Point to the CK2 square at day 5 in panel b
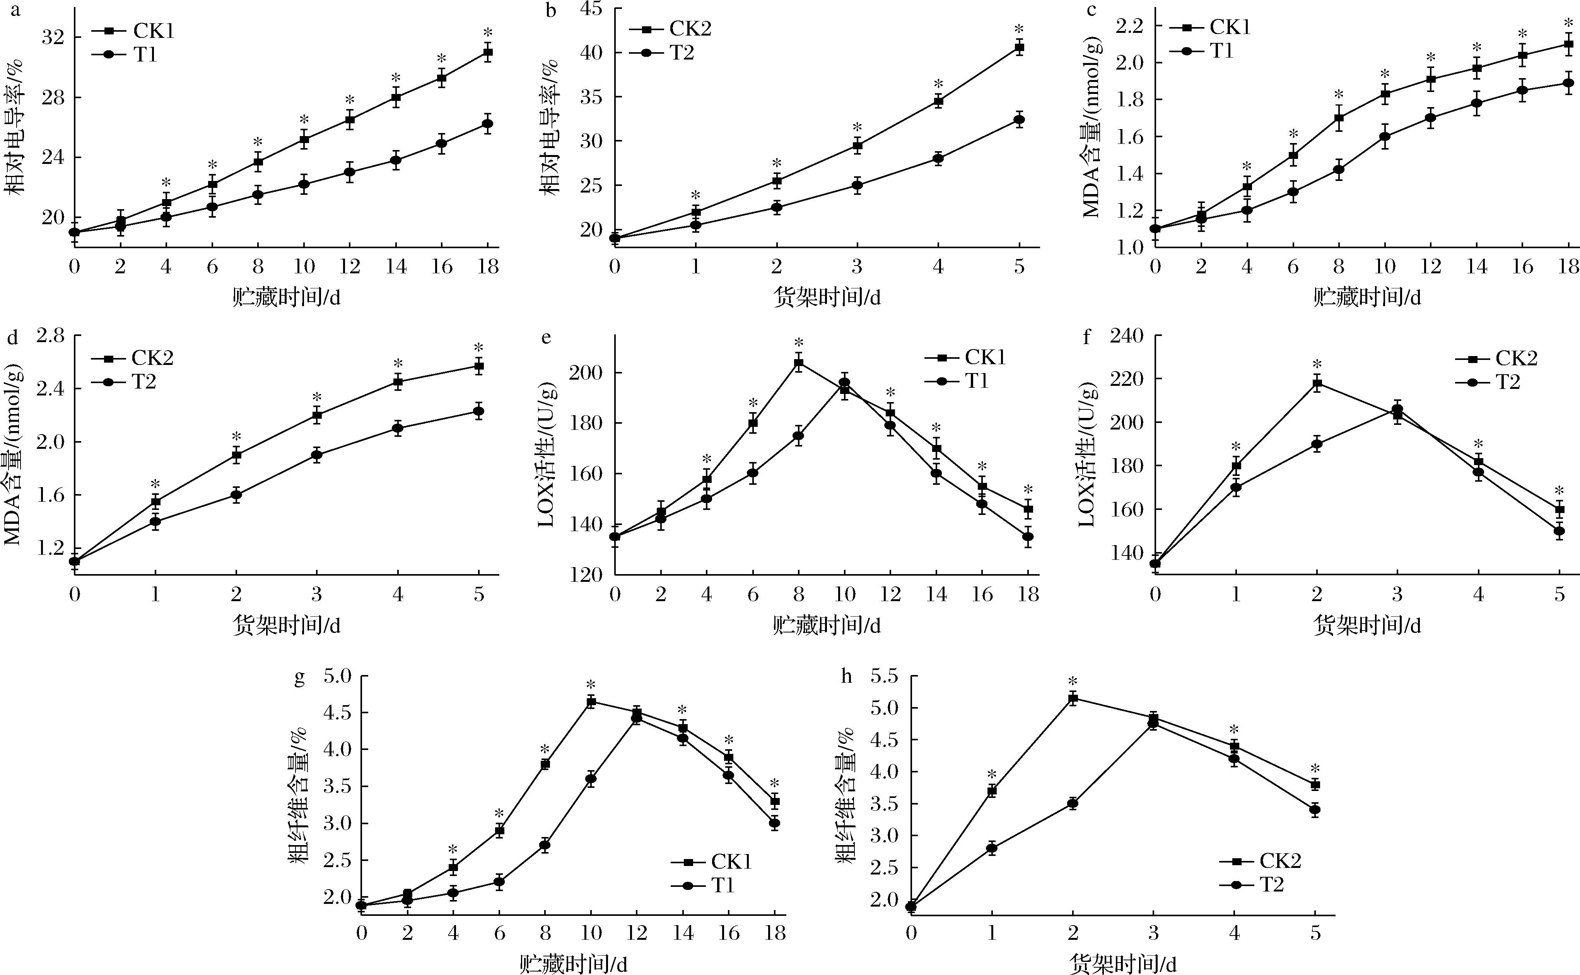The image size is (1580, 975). tap(1019, 48)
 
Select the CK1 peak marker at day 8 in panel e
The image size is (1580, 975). tap(799, 363)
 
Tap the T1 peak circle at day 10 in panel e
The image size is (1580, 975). tap(844, 383)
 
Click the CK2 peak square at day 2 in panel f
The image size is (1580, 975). tap(1317, 384)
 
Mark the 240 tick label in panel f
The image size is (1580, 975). tap(1126, 335)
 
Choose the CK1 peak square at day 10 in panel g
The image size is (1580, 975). tap(591, 702)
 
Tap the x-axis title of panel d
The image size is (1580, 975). tap(286, 626)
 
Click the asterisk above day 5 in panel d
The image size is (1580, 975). tap(479, 348)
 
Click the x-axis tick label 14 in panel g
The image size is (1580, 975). tap(683, 933)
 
